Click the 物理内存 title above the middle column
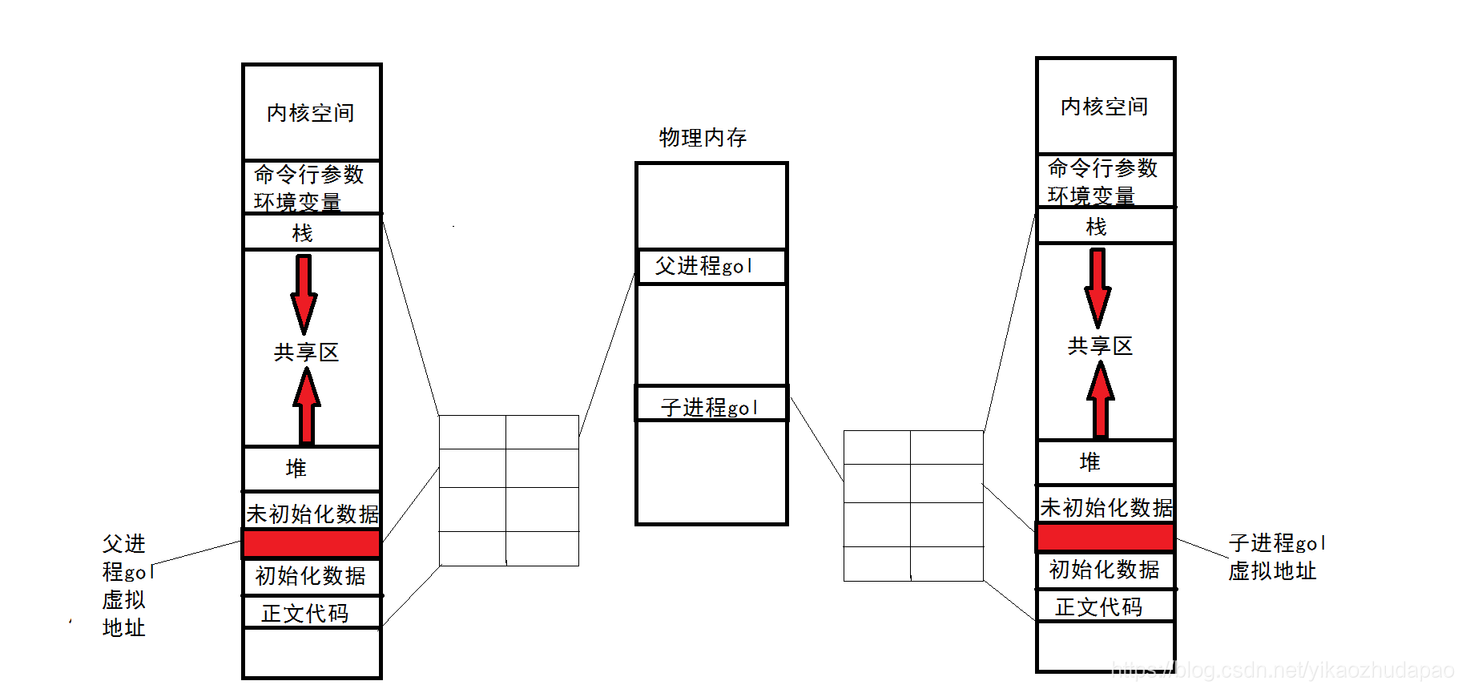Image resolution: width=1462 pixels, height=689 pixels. coord(703,138)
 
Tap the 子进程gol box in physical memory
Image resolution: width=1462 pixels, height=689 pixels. coord(710,406)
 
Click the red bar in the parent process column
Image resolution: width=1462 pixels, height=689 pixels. coord(312,543)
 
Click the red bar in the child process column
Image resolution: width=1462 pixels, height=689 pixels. coord(1106,537)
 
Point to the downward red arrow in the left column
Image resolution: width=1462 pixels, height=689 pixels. coord(304,293)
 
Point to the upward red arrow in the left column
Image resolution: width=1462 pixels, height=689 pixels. coord(306,406)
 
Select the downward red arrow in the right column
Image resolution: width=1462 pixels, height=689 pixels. coord(1098,287)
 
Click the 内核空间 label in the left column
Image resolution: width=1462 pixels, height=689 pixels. coord(311,113)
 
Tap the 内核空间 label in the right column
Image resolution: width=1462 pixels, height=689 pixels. coord(1105,107)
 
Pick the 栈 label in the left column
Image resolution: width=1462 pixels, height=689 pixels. coord(302,233)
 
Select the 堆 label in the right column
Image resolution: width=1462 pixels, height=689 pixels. coord(1090,462)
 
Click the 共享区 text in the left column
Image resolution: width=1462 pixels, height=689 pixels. coord(306,353)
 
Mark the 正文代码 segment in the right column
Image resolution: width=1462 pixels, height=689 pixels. coord(1099,607)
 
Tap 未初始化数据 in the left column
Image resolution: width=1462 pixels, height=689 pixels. coord(312,514)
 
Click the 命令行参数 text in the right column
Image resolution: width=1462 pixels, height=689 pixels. coord(1103,168)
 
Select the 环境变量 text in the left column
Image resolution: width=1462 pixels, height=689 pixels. coord(297,202)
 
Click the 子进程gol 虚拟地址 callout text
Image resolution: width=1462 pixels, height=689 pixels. coord(1276,557)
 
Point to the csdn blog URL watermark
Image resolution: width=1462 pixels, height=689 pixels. coord(1283,671)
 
